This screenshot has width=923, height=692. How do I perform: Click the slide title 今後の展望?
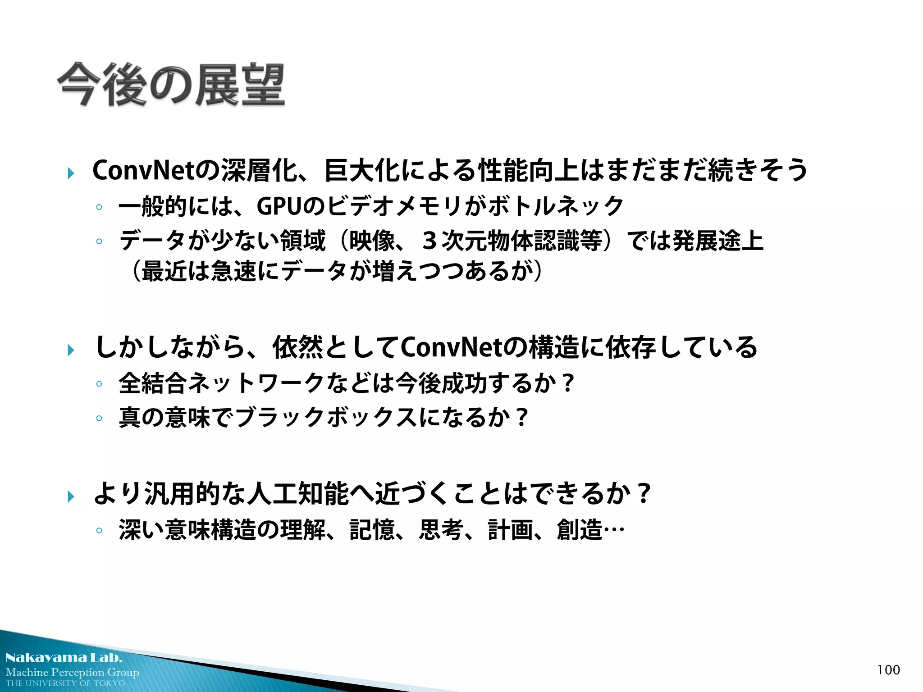click(x=171, y=85)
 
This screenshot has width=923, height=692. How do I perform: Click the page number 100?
click(x=888, y=670)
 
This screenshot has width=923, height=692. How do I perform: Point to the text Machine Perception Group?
click(x=72, y=672)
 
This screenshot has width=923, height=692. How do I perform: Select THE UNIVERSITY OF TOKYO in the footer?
click(x=65, y=683)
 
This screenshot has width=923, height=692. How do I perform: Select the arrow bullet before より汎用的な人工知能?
click(x=71, y=496)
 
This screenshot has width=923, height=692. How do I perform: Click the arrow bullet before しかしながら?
click(x=71, y=350)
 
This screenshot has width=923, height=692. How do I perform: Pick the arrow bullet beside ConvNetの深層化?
click(x=71, y=173)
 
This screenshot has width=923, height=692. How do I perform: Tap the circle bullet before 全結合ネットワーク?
click(x=99, y=384)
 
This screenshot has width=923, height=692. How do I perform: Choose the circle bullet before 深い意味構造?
click(x=99, y=531)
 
